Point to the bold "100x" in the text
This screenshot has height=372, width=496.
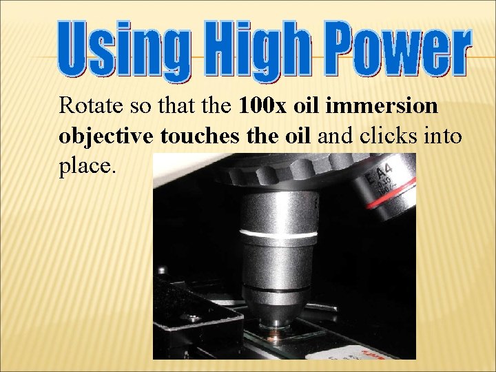265,107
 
